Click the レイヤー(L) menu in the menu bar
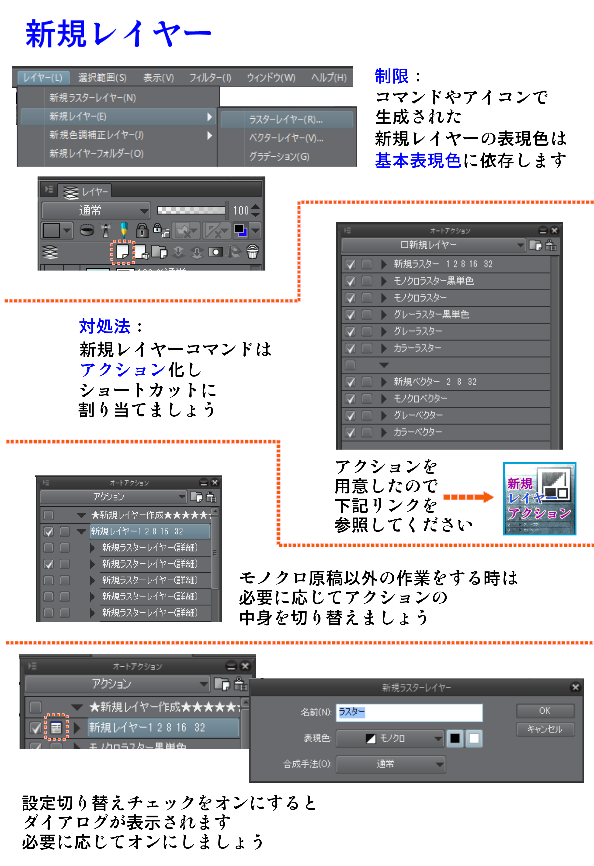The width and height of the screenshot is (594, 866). point(43,77)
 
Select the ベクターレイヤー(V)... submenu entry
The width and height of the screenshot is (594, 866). point(286,138)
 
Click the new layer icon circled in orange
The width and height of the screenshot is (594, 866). point(122,252)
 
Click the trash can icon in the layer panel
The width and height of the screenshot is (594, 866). point(253,252)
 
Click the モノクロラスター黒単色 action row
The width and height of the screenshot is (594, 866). point(434,281)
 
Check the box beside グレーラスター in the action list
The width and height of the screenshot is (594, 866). point(350,331)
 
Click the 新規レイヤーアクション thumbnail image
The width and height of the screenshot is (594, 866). point(539,499)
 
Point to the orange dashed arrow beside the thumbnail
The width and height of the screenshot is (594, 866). point(468,497)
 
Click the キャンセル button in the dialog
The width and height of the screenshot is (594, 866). point(545,729)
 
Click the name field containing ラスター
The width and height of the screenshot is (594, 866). point(409,712)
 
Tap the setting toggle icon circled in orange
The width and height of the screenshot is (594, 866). point(56,727)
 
